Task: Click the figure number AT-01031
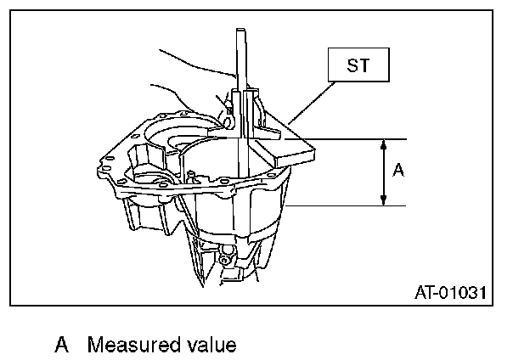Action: [x=450, y=294]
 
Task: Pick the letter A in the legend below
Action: [x=61, y=345]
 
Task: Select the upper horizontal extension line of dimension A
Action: [x=357, y=138]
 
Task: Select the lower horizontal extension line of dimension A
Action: [x=348, y=205]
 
